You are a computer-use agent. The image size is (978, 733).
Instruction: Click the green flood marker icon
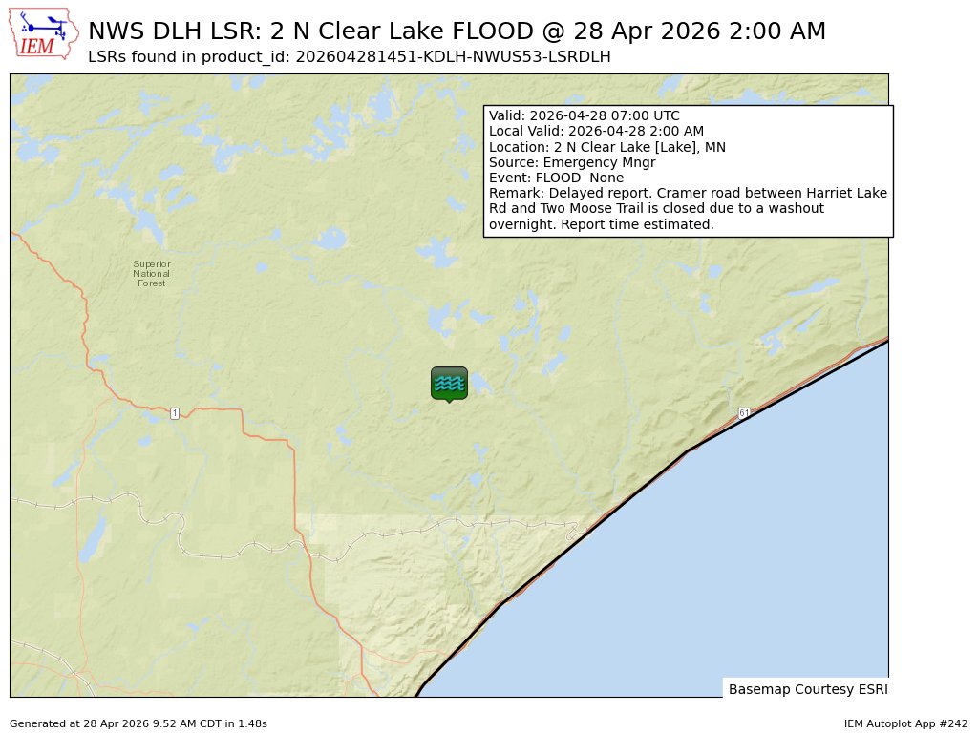point(449,384)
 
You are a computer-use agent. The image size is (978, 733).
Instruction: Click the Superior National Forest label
point(151,274)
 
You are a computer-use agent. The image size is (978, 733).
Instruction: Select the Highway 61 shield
point(744,412)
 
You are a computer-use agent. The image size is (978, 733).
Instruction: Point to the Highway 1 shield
point(175,413)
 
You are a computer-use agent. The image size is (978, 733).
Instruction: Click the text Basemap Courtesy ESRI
point(805,689)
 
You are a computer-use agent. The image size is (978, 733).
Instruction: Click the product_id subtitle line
point(349,57)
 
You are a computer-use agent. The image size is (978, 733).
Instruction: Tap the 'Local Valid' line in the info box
point(596,132)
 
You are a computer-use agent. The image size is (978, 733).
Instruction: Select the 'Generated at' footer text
point(138,724)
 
